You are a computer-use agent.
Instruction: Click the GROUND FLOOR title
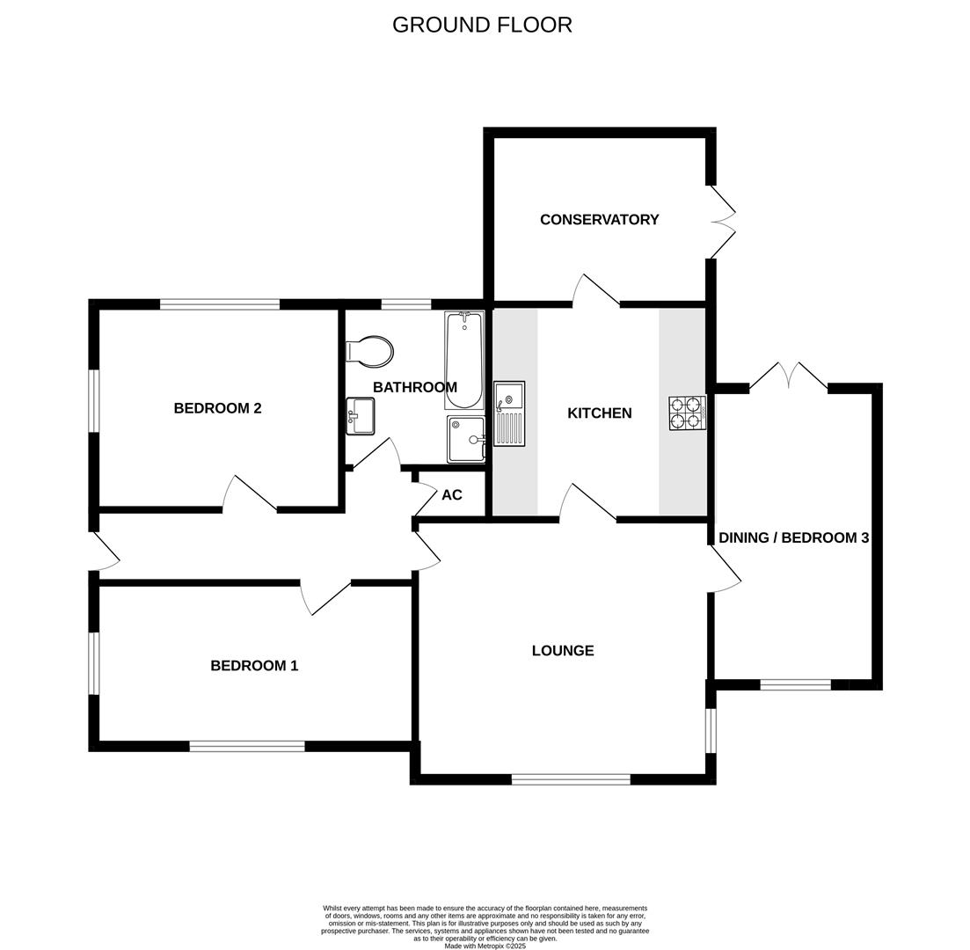click(482, 25)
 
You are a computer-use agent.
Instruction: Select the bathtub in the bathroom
click(463, 361)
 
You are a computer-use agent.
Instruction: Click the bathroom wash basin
click(361, 416)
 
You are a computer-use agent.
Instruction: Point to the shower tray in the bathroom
click(466, 439)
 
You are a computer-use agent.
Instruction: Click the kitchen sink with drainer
click(509, 413)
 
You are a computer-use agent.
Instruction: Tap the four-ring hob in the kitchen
click(687, 413)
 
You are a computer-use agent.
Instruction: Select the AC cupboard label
click(451, 495)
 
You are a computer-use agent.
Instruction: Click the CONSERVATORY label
click(599, 220)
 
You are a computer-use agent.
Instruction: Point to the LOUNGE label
click(563, 651)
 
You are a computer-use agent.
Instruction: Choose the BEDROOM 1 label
click(254, 666)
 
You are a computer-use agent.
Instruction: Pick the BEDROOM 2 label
click(217, 408)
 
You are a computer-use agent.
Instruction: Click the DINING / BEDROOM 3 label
click(793, 537)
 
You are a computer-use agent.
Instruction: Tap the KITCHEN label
click(599, 413)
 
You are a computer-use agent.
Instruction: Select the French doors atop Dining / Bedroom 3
click(789, 376)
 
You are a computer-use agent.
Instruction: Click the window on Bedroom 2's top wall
click(220, 304)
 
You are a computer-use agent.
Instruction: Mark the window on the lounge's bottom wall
click(571, 778)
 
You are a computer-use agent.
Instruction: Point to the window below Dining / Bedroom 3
click(795, 684)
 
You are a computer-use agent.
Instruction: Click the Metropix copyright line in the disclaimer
click(485, 946)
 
